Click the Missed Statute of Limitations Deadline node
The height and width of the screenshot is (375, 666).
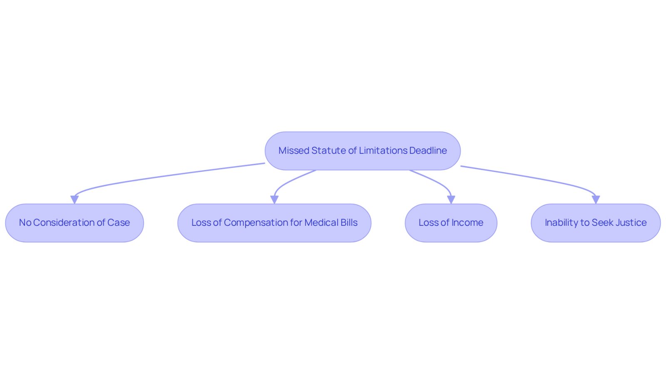point(363,151)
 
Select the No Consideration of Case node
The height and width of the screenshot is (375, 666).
point(75,223)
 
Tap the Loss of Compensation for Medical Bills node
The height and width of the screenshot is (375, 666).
point(274,223)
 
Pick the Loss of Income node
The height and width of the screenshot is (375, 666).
point(451,223)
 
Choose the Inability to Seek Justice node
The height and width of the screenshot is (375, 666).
point(596,223)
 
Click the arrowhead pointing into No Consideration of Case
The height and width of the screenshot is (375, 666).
point(75,200)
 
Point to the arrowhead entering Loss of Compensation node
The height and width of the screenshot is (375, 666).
point(274,200)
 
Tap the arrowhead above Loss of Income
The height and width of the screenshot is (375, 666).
point(451,200)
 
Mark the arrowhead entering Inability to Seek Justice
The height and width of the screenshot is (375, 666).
point(596,200)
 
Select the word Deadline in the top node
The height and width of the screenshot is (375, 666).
point(428,150)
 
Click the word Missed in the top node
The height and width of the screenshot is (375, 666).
point(294,150)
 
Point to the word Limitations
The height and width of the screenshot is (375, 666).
point(383,150)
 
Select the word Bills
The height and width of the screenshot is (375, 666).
point(349,223)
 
